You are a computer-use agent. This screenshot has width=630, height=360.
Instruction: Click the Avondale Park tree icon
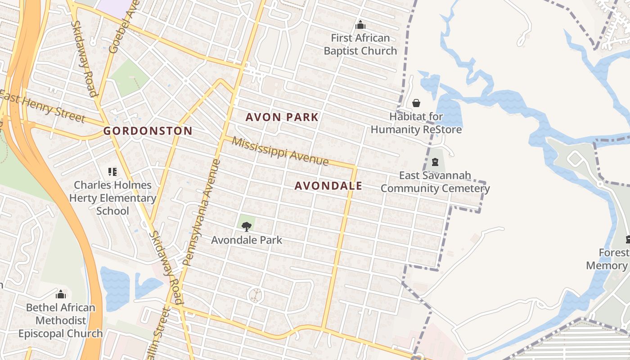pyautogui.click(x=246, y=227)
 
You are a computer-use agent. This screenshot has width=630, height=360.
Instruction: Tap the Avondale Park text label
pyautogui.click(x=247, y=240)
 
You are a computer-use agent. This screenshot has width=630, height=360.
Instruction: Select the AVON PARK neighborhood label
pyautogui.click(x=282, y=117)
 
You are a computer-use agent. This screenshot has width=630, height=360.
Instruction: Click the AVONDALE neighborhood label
pyautogui.click(x=328, y=186)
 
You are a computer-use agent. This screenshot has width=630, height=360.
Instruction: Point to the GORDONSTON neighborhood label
pyautogui.click(x=148, y=131)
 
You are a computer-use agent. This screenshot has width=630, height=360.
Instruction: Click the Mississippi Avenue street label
pyautogui.click(x=280, y=151)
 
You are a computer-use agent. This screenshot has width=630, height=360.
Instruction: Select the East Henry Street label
pyautogui.click(x=43, y=106)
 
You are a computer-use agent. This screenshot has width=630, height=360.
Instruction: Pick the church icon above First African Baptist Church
pyautogui.click(x=360, y=25)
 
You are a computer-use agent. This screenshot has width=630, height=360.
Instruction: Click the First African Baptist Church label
pyautogui.click(x=360, y=44)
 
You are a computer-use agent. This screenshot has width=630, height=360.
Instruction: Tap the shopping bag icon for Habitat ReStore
pyautogui.click(x=416, y=103)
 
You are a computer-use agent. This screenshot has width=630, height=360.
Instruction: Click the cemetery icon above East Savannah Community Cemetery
pyautogui.click(x=435, y=162)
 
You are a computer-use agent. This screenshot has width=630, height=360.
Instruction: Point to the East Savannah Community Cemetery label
pyautogui.click(x=435, y=182)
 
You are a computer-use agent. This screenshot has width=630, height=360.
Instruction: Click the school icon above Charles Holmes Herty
pyautogui.click(x=112, y=171)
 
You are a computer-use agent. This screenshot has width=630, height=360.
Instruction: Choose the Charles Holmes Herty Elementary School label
pyautogui.click(x=112, y=198)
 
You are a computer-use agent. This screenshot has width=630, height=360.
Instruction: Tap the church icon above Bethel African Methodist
pyautogui.click(x=60, y=295)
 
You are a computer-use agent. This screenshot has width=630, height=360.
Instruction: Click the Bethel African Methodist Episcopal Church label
pyautogui.click(x=60, y=320)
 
